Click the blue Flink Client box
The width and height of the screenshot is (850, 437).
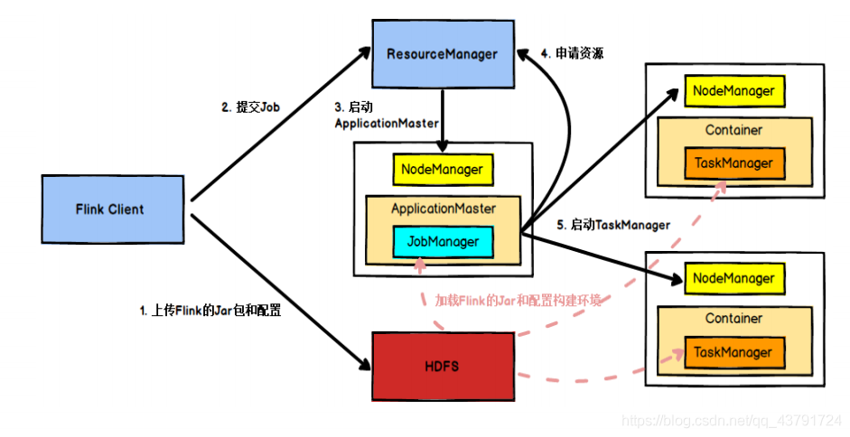coord(109,209)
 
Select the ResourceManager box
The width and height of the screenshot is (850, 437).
coord(442,54)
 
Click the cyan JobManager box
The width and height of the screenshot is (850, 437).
coord(443,242)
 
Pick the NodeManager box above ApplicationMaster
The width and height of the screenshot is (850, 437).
coord(443,169)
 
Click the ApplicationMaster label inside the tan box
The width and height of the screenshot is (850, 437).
coord(443,209)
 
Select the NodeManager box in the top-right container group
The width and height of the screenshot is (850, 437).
coord(733,91)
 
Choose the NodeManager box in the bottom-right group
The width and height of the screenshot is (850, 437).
coord(733,279)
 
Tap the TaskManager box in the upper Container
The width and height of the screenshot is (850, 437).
coord(733,163)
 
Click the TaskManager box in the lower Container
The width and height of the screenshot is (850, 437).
coord(733,352)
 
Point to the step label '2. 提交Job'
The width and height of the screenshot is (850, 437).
coord(251,107)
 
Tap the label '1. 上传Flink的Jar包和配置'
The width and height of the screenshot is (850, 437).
coord(210,311)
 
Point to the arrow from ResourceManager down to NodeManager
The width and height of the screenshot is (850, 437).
coord(442,117)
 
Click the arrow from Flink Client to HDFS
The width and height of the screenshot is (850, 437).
coord(280,289)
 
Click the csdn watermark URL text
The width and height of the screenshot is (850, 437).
coord(732,421)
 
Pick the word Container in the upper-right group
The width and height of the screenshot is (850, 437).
coord(733,130)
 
